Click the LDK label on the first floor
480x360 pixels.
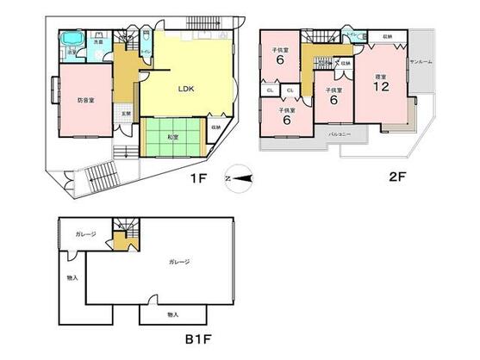[x=185, y=88]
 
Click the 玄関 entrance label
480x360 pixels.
[x=126, y=114]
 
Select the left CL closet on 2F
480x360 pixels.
[x=271, y=90]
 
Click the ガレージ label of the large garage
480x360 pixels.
[x=179, y=262]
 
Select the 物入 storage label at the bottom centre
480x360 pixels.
[x=172, y=314]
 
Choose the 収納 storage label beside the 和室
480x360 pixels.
[x=214, y=127]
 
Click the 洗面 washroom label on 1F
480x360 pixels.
[x=99, y=40]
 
